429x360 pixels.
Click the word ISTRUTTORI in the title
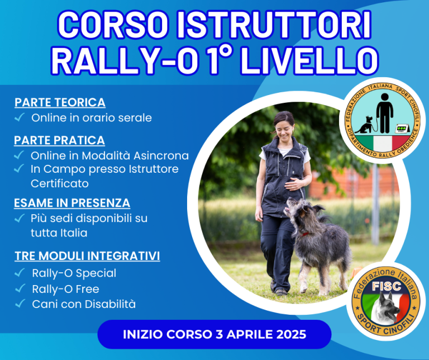[x=275, y=26]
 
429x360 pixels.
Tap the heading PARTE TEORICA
[x=60, y=102]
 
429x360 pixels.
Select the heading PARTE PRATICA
[x=59, y=140]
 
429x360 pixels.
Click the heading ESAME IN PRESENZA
[x=72, y=203]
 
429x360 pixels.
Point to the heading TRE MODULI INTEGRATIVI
[x=87, y=256]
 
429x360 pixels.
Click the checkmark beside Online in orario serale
[x=20, y=117]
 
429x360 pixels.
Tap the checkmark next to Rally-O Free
[x=20, y=288]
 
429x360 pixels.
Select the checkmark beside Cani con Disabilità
[x=20, y=304]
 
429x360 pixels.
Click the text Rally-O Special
[x=74, y=273]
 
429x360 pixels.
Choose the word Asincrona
[x=161, y=156]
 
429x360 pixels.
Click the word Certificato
[x=60, y=183]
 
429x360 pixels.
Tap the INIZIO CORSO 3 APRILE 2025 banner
[x=214, y=334]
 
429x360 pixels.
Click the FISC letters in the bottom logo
[x=387, y=287]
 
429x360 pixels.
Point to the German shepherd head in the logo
[x=387, y=307]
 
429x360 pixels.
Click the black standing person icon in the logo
[x=384, y=113]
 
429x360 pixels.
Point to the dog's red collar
[x=305, y=234]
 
